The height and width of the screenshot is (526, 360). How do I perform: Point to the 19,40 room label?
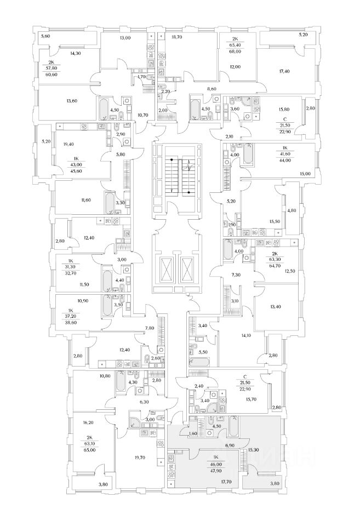coord(68,145)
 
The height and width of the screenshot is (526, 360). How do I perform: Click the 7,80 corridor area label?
coord(149,328)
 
